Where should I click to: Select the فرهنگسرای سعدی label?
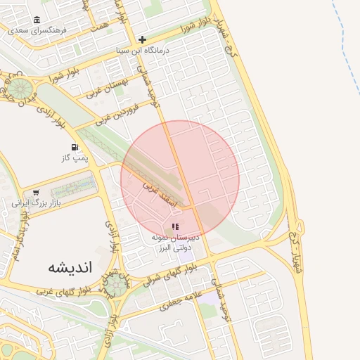[x=37, y=31]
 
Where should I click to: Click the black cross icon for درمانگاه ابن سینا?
[x=143, y=39]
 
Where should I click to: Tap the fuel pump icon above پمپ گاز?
[x=74, y=148]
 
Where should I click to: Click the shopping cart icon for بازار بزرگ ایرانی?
[x=36, y=193]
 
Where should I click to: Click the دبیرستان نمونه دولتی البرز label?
[x=176, y=243]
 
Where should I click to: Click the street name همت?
[x=101, y=25]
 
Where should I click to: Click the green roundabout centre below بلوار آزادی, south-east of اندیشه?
[x=115, y=284]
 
